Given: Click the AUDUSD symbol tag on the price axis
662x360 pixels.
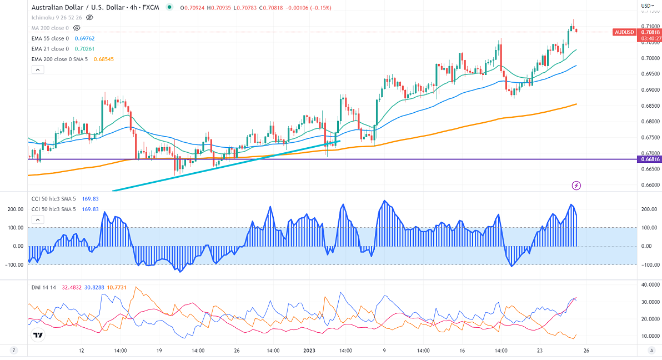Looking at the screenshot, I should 624,32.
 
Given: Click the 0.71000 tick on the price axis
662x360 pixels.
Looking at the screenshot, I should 650,26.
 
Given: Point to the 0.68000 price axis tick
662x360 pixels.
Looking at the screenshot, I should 650,122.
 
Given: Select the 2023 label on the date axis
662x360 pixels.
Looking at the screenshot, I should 309,351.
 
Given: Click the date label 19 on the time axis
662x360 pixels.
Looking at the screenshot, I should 159,351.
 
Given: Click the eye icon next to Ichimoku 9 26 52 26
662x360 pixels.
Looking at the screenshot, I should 89,17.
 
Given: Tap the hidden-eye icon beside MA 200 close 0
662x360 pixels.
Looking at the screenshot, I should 77,27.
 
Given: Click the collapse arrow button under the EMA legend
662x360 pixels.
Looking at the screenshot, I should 37,70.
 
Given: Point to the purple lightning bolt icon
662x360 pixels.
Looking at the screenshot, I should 576,185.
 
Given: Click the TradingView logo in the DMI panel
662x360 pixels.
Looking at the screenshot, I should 38,336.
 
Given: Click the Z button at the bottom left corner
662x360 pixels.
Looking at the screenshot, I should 13,351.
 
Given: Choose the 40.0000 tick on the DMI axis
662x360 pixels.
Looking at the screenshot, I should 650,285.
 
